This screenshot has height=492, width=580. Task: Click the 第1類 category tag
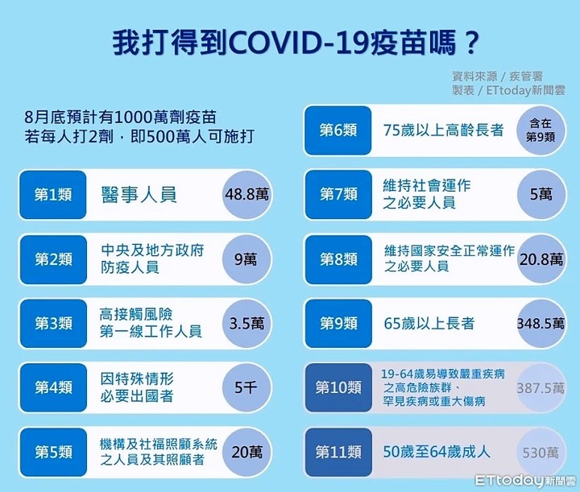click(53, 195)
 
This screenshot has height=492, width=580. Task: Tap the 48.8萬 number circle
click(246, 195)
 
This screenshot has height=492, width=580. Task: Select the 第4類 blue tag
click(53, 388)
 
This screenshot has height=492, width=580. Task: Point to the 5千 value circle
click(246, 388)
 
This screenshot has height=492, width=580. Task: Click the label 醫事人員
click(139, 195)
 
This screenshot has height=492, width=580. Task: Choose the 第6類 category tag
click(338, 130)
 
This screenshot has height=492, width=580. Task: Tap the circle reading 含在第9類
click(541, 130)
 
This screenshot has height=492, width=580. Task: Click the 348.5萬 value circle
click(541, 324)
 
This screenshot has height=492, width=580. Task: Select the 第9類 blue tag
click(338, 324)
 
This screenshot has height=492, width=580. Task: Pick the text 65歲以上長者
click(429, 324)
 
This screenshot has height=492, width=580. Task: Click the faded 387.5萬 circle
click(541, 388)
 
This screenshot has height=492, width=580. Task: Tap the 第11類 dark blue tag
click(338, 452)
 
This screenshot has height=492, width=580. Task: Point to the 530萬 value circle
click(541, 452)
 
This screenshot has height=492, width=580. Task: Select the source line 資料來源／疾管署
click(497, 76)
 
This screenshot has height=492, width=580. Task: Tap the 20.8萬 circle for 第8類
click(541, 259)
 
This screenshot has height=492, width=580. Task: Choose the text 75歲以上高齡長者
click(443, 130)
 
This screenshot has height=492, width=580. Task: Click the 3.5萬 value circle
click(246, 324)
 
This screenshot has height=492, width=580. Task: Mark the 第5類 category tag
click(53, 452)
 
